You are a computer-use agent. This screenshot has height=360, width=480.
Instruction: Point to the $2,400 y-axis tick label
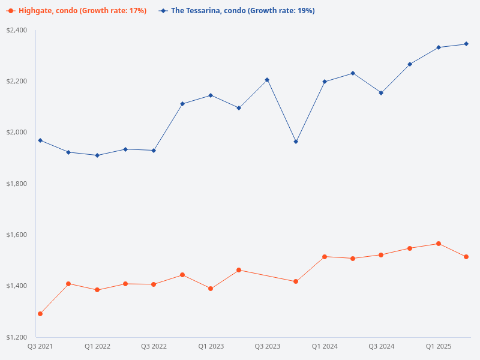(x=17, y=30)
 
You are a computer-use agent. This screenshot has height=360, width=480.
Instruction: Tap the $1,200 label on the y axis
(x=17, y=337)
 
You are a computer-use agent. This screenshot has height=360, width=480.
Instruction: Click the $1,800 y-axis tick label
(x=17, y=183)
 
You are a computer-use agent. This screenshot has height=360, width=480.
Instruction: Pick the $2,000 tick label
(x=17, y=132)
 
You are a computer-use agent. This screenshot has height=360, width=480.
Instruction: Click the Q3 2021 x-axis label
(x=40, y=347)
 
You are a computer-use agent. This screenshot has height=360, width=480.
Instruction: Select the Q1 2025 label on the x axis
(x=438, y=347)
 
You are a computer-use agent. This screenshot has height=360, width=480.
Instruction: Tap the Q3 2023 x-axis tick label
(x=268, y=347)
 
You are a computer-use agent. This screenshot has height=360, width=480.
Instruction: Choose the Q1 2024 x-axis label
(x=325, y=347)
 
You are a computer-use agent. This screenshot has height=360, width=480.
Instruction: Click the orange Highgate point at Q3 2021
(x=40, y=314)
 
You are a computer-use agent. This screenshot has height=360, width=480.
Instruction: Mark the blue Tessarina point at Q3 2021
(x=40, y=140)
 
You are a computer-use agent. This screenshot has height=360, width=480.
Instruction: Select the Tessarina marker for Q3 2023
(x=268, y=80)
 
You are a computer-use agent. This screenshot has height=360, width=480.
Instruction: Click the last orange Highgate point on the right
(x=466, y=257)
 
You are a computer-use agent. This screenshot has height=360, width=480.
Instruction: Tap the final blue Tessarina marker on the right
(x=466, y=44)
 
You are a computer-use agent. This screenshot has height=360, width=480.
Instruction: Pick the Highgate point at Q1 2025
(x=438, y=244)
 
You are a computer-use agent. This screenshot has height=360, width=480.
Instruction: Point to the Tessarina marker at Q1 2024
(x=325, y=82)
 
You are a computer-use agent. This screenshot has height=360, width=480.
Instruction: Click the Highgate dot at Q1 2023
(x=211, y=289)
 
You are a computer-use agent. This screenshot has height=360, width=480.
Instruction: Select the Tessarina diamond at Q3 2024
(x=381, y=93)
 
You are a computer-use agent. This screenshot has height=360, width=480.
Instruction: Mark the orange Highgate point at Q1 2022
(x=97, y=290)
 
